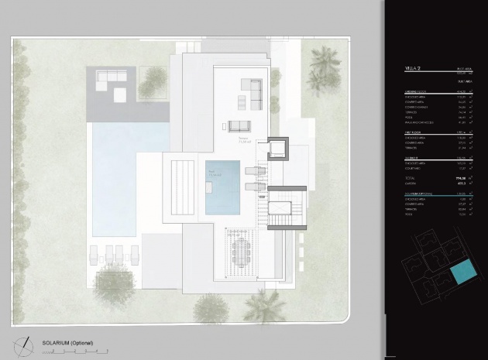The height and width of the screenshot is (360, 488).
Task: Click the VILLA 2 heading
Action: click(x=414, y=69)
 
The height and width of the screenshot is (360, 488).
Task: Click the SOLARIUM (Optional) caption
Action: click(x=67, y=341)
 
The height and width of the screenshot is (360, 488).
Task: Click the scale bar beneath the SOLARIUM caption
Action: click(x=74, y=351)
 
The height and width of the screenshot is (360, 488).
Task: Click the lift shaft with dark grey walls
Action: click(x=277, y=149)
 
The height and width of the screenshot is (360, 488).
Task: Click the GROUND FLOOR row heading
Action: click(x=416, y=90)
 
